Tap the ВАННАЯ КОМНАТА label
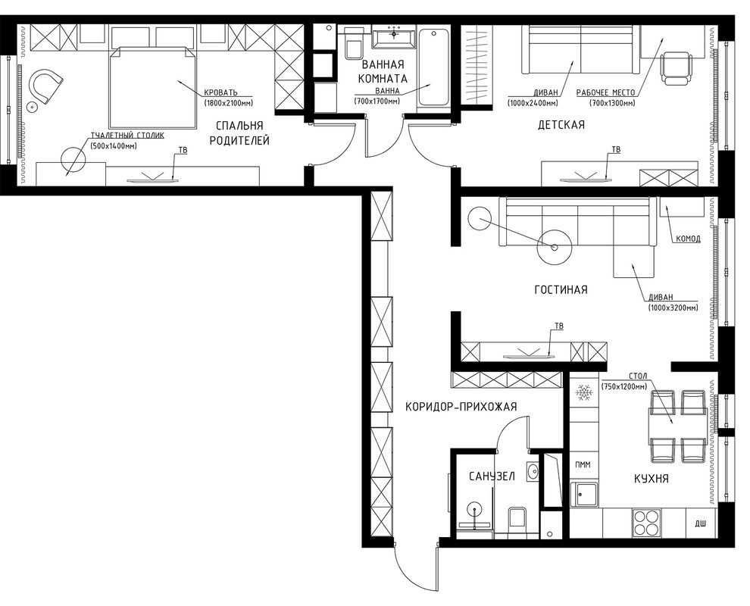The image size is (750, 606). click(383, 71)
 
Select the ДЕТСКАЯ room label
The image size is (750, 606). click(561, 125)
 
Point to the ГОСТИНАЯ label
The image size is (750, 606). click(561, 289)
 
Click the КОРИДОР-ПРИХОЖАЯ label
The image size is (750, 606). click(461, 407)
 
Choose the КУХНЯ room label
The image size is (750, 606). click(651, 478)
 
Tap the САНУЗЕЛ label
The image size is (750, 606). click(492, 476)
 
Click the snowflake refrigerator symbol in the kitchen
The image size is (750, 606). click(583, 392)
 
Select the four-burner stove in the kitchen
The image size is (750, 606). click(647, 522)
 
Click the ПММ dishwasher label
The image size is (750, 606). click(583, 464)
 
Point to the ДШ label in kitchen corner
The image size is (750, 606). click(700, 524)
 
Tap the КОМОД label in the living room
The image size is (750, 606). click(689, 239)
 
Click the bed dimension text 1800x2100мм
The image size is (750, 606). click(229, 103)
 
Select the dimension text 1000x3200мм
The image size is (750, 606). click(673, 308)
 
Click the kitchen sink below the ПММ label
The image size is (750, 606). click(583, 494)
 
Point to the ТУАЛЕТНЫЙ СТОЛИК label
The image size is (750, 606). click(127, 136)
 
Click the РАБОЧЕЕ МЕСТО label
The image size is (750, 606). click(605, 92)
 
